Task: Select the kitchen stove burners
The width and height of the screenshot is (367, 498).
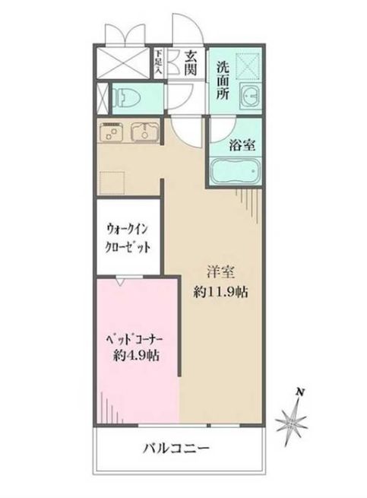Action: tap(112, 133)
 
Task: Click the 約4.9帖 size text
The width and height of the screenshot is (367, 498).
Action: tap(138, 355)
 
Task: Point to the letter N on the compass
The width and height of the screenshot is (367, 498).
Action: tap(301, 392)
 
